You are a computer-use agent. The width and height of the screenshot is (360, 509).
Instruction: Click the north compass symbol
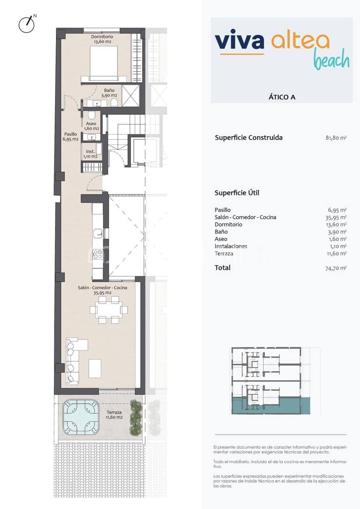26,24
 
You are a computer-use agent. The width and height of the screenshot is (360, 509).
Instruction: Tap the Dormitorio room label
102,39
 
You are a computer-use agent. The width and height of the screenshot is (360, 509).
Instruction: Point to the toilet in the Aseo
91,116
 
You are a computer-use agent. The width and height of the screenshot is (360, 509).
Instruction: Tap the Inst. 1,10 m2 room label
90,154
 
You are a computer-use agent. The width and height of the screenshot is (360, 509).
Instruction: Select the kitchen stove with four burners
98,255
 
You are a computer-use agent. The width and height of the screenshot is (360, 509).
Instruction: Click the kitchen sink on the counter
98,233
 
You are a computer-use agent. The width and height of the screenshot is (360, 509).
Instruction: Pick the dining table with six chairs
108,310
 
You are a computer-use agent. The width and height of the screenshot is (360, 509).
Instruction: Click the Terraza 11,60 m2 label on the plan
114,414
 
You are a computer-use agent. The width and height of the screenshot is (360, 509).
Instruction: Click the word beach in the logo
331,60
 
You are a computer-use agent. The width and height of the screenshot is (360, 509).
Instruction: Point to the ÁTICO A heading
281,97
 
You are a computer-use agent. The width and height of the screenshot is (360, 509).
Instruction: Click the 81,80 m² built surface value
335,138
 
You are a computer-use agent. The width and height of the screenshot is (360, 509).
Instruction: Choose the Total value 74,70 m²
335,268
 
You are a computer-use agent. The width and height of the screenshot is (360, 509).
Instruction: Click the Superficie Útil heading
237,193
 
